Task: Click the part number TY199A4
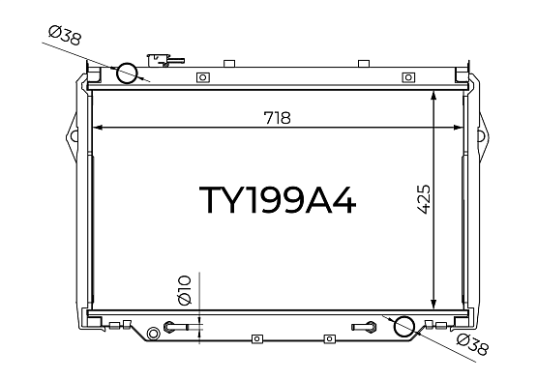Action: pos(278,200)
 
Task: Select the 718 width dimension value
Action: pos(277,118)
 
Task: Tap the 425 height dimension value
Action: pos(423,199)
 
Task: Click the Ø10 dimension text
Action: pos(184,290)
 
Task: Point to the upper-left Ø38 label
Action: pos(65,35)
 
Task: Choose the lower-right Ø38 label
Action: pos(472,344)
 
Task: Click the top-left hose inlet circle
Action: pos(127,73)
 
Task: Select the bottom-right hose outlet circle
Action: pos(404,327)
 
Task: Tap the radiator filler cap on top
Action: pos(165,60)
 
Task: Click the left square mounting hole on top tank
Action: pos(203,77)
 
